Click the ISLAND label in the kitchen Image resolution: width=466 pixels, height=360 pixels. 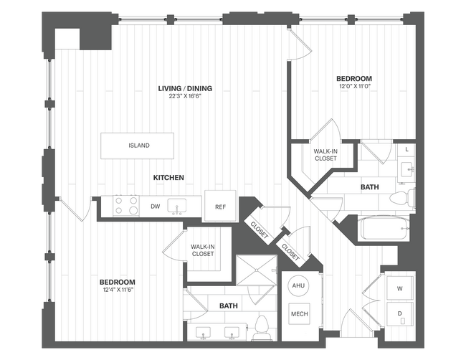[x=139, y=146]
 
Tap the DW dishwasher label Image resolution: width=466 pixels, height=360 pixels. [x=155, y=207]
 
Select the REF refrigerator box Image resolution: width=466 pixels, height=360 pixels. [x=220, y=207]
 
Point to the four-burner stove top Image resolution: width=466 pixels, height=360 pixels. [x=126, y=207]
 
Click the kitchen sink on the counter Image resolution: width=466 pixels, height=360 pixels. [x=178, y=207]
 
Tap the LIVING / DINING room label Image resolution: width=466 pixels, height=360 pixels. [x=185, y=89]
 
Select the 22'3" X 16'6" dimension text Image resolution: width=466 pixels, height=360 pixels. [x=185, y=98]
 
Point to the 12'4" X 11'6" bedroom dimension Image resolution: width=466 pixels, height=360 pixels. [x=118, y=290]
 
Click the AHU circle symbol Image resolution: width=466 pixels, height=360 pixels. [x=298, y=286]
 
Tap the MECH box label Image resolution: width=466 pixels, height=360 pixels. [x=298, y=313]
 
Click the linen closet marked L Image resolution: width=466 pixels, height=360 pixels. [x=406, y=149]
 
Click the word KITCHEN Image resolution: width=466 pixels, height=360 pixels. [x=168, y=177]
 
